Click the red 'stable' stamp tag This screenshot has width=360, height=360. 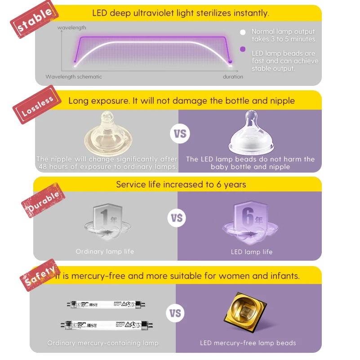coord(35,21)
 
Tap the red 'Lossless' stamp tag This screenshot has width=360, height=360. coord(38,107)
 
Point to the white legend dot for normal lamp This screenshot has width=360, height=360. coord(243,32)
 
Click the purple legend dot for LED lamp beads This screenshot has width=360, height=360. coord(243,50)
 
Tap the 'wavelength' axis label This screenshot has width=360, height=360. coord(72,28)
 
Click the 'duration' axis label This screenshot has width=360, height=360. coord(233,77)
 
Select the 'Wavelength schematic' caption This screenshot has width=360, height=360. coord(74,77)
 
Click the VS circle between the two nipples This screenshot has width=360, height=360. coord(179,134)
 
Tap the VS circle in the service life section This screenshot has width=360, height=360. coord(177,218)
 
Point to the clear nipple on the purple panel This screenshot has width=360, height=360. coord(250,134)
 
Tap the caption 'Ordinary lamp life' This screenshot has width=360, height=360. coord(105,252)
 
